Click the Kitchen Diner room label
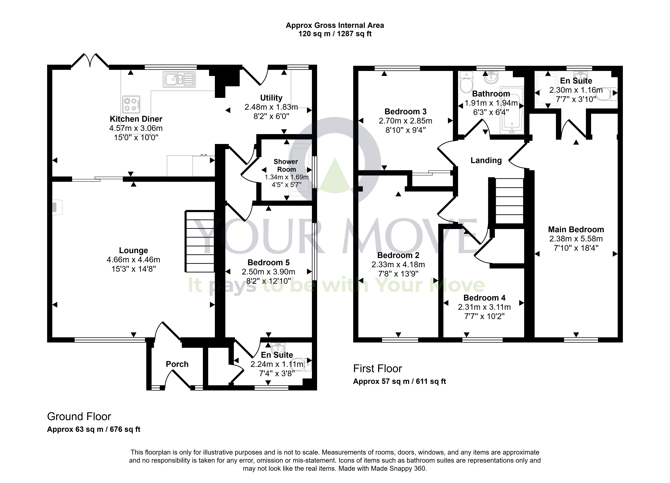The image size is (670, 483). click(136, 119)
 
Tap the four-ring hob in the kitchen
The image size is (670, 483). click(131, 105)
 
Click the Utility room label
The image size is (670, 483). click(271, 98)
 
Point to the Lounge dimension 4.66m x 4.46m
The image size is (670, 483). click(134, 260)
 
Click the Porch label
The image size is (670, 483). click(177, 364)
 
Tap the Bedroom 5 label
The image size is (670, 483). click(269, 262)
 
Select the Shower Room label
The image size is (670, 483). click(286, 165)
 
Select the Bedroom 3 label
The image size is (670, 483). click(406, 112)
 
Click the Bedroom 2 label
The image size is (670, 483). click(398, 255)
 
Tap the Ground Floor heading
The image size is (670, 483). click(79, 417)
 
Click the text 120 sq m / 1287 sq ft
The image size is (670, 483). click(335, 34)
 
